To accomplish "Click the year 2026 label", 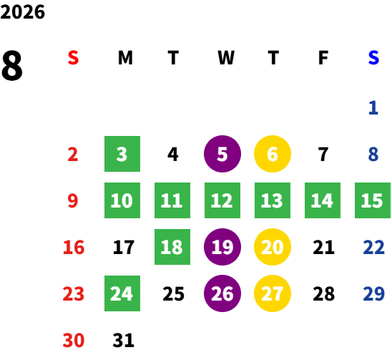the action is point(22,12).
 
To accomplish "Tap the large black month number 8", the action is point(11,65).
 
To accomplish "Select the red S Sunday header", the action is point(73,58).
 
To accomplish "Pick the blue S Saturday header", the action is point(373,58).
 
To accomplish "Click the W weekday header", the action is point(226,58).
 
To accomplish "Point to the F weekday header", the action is point(323,58).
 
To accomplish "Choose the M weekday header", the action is point(125,58).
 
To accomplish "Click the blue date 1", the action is point(373,108).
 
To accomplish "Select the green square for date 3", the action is point(122,154).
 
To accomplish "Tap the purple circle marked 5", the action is point(222,154).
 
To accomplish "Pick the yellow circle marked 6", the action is point(273,154).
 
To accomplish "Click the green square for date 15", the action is point(373,200).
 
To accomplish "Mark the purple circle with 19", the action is point(222,247).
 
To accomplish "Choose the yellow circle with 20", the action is point(273,247).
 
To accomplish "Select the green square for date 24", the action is point(122,293).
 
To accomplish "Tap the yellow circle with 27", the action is point(273,293).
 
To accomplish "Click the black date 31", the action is point(123,340).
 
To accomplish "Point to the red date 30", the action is point(74,340).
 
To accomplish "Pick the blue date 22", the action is point(373,247).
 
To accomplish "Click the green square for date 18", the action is point(172,247).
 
